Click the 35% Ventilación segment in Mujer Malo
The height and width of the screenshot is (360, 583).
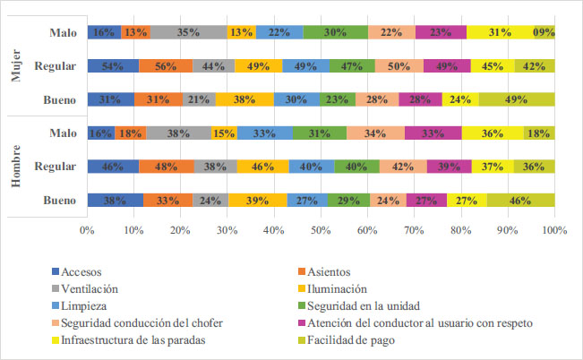188,32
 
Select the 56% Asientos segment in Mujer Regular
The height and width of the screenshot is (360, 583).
165,65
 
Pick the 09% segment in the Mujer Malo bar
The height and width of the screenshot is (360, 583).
544,32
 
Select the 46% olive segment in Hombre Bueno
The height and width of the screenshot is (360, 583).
520,199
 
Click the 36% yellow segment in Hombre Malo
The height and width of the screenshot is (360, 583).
493,133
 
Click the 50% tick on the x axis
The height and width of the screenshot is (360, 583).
321,231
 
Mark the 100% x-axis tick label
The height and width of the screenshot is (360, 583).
553,231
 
